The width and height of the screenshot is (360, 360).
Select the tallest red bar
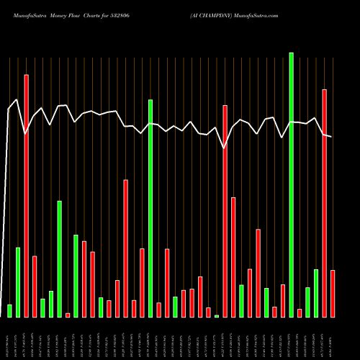pyautogui.click(x=27, y=195)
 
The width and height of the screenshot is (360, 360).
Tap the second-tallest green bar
pyautogui.click(x=150, y=208)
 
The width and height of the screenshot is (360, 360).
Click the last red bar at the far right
pyautogui.click(x=333, y=293)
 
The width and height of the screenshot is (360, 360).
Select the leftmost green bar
pyautogui.click(x=9, y=310)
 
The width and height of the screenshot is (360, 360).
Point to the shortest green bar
pyautogui.click(x=217, y=316)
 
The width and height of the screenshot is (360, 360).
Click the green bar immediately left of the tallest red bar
pyautogui.click(x=18, y=282)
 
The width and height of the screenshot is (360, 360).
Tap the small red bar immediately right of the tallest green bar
pyautogui.click(x=300, y=312)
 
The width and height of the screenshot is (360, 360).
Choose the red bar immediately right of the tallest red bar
pyautogui.click(x=35, y=286)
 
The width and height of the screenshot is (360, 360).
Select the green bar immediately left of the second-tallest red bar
pyautogui.click(x=316, y=293)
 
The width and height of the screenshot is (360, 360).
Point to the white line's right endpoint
pyautogui.click(x=332, y=136)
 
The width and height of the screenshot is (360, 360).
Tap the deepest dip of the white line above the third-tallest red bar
pyautogui.click(x=224, y=148)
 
